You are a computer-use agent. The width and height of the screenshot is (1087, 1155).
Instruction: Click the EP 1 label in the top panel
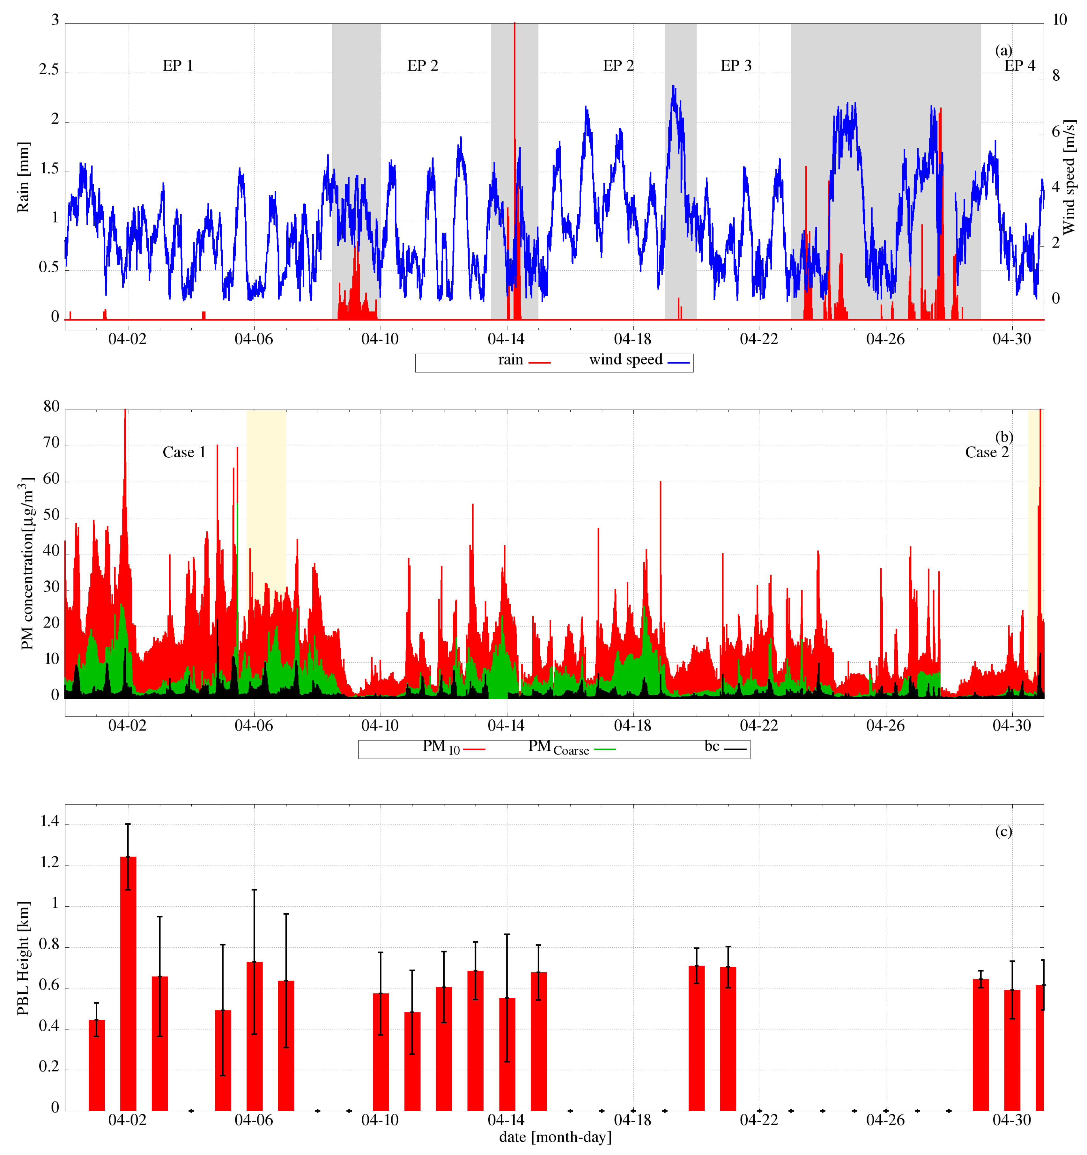[x=177, y=66]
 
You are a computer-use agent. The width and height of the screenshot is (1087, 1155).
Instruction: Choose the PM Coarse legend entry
[x=558, y=748]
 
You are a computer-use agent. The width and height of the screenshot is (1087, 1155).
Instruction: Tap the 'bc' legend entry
[x=712, y=747]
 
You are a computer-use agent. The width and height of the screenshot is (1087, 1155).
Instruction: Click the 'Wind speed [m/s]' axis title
[x=1069, y=177]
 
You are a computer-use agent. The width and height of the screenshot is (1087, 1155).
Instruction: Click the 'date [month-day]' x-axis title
[x=555, y=1137]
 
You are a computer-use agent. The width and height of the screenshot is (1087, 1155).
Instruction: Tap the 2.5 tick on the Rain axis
[x=49, y=70]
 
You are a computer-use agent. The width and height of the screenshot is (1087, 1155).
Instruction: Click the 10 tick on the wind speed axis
[x=1060, y=20]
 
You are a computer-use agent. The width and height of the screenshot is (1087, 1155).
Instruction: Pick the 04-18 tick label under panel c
[x=632, y=1120]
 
